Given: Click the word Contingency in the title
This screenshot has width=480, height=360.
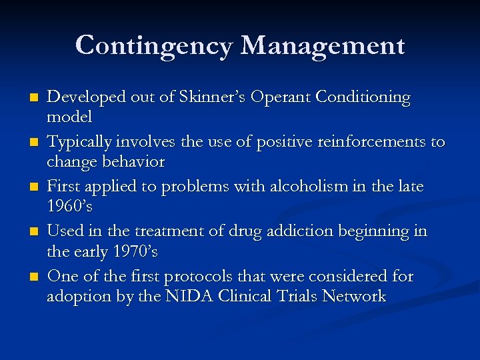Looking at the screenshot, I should tap(154, 47).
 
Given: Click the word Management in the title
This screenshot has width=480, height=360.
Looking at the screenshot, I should tap(322, 47).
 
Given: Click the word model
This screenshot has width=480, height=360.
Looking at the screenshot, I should tap(69, 117).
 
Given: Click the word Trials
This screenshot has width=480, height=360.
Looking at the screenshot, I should tap(297, 297).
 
